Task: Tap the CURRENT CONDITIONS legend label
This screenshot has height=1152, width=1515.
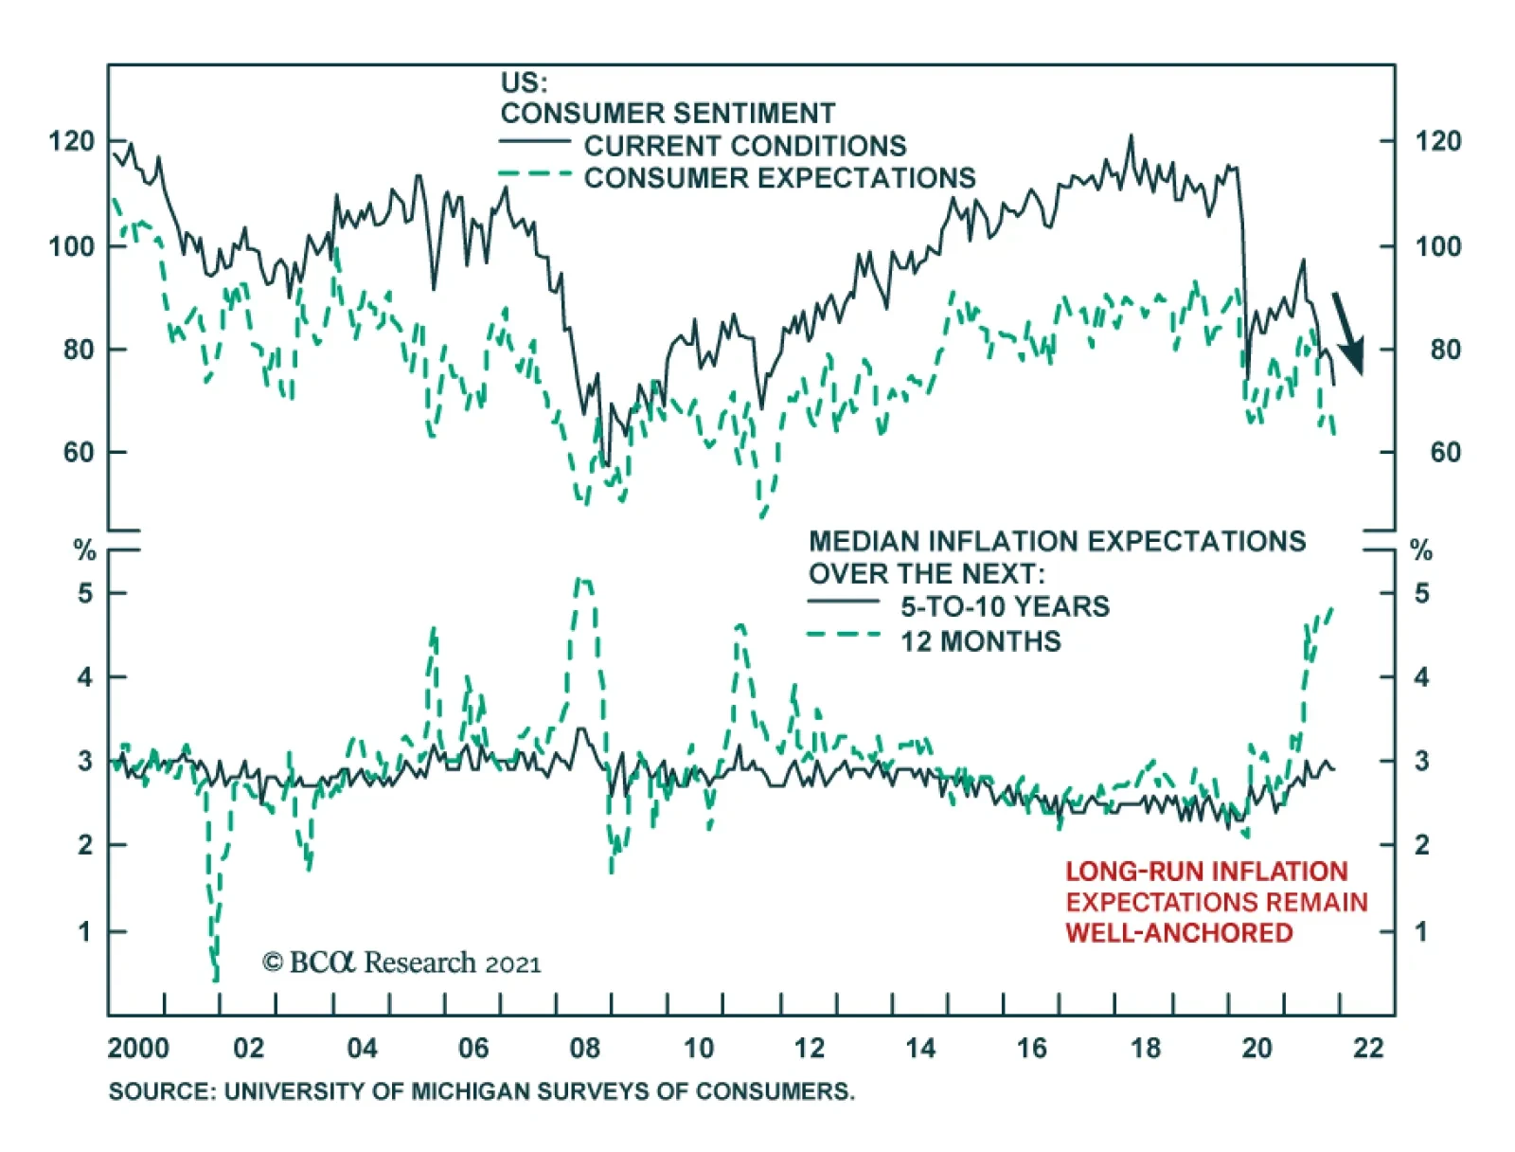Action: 744,146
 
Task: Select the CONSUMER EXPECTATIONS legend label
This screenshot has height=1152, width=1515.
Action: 779,178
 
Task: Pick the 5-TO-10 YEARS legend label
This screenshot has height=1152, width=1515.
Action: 1005,606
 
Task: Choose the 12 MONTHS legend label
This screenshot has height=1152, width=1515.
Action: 980,641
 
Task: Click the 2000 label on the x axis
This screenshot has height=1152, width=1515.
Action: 138,1048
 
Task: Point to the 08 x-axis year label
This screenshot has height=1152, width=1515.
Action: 585,1048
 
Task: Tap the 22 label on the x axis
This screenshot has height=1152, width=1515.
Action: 1368,1048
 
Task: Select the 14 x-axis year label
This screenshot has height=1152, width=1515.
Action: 920,1048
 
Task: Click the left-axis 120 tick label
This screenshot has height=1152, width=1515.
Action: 72,141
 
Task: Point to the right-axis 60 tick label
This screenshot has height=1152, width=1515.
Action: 1445,452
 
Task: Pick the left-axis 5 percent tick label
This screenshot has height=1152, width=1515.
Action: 85,593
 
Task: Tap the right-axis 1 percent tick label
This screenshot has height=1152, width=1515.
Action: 1420,931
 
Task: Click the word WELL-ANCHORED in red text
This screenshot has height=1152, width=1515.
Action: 1179,933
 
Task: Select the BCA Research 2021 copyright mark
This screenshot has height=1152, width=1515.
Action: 401,963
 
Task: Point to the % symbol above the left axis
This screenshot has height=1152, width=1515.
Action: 85,550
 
